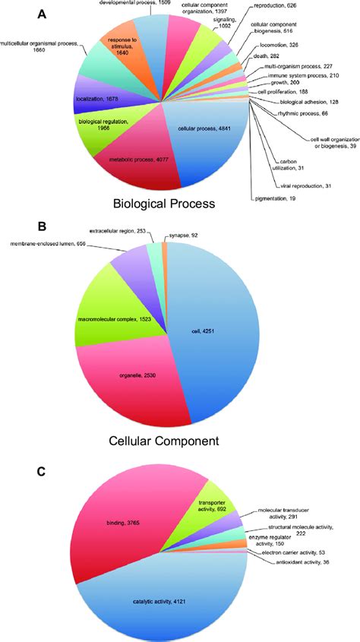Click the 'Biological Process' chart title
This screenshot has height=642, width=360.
(x=165, y=204)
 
